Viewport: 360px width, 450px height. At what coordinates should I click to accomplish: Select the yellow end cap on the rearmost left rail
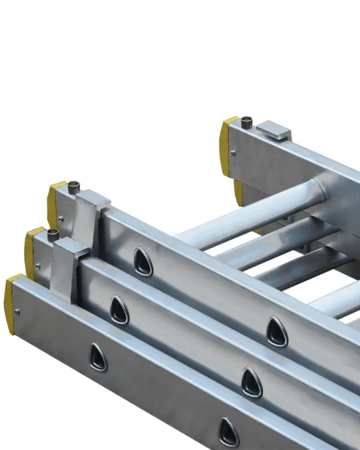[55, 201]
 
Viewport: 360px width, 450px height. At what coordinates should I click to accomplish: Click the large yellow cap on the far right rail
[227, 146]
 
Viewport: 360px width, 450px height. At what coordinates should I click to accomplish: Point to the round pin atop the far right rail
[247, 124]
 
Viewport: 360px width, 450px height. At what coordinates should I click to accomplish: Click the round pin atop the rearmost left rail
[74, 185]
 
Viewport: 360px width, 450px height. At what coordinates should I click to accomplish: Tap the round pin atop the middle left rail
[53, 233]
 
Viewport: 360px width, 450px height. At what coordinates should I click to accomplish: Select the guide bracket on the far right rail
[274, 130]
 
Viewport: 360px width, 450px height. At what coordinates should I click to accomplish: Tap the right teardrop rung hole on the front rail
[229, 432]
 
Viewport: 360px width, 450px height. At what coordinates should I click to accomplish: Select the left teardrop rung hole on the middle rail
[119, 310]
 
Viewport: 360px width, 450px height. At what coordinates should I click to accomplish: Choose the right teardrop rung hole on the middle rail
[251, 382]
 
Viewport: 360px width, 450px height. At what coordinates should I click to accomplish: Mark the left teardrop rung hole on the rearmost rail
[143, 262]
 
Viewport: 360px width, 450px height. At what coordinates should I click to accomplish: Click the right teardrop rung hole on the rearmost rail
[277, 332]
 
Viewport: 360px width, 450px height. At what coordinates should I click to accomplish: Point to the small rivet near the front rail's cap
[17, 311]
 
